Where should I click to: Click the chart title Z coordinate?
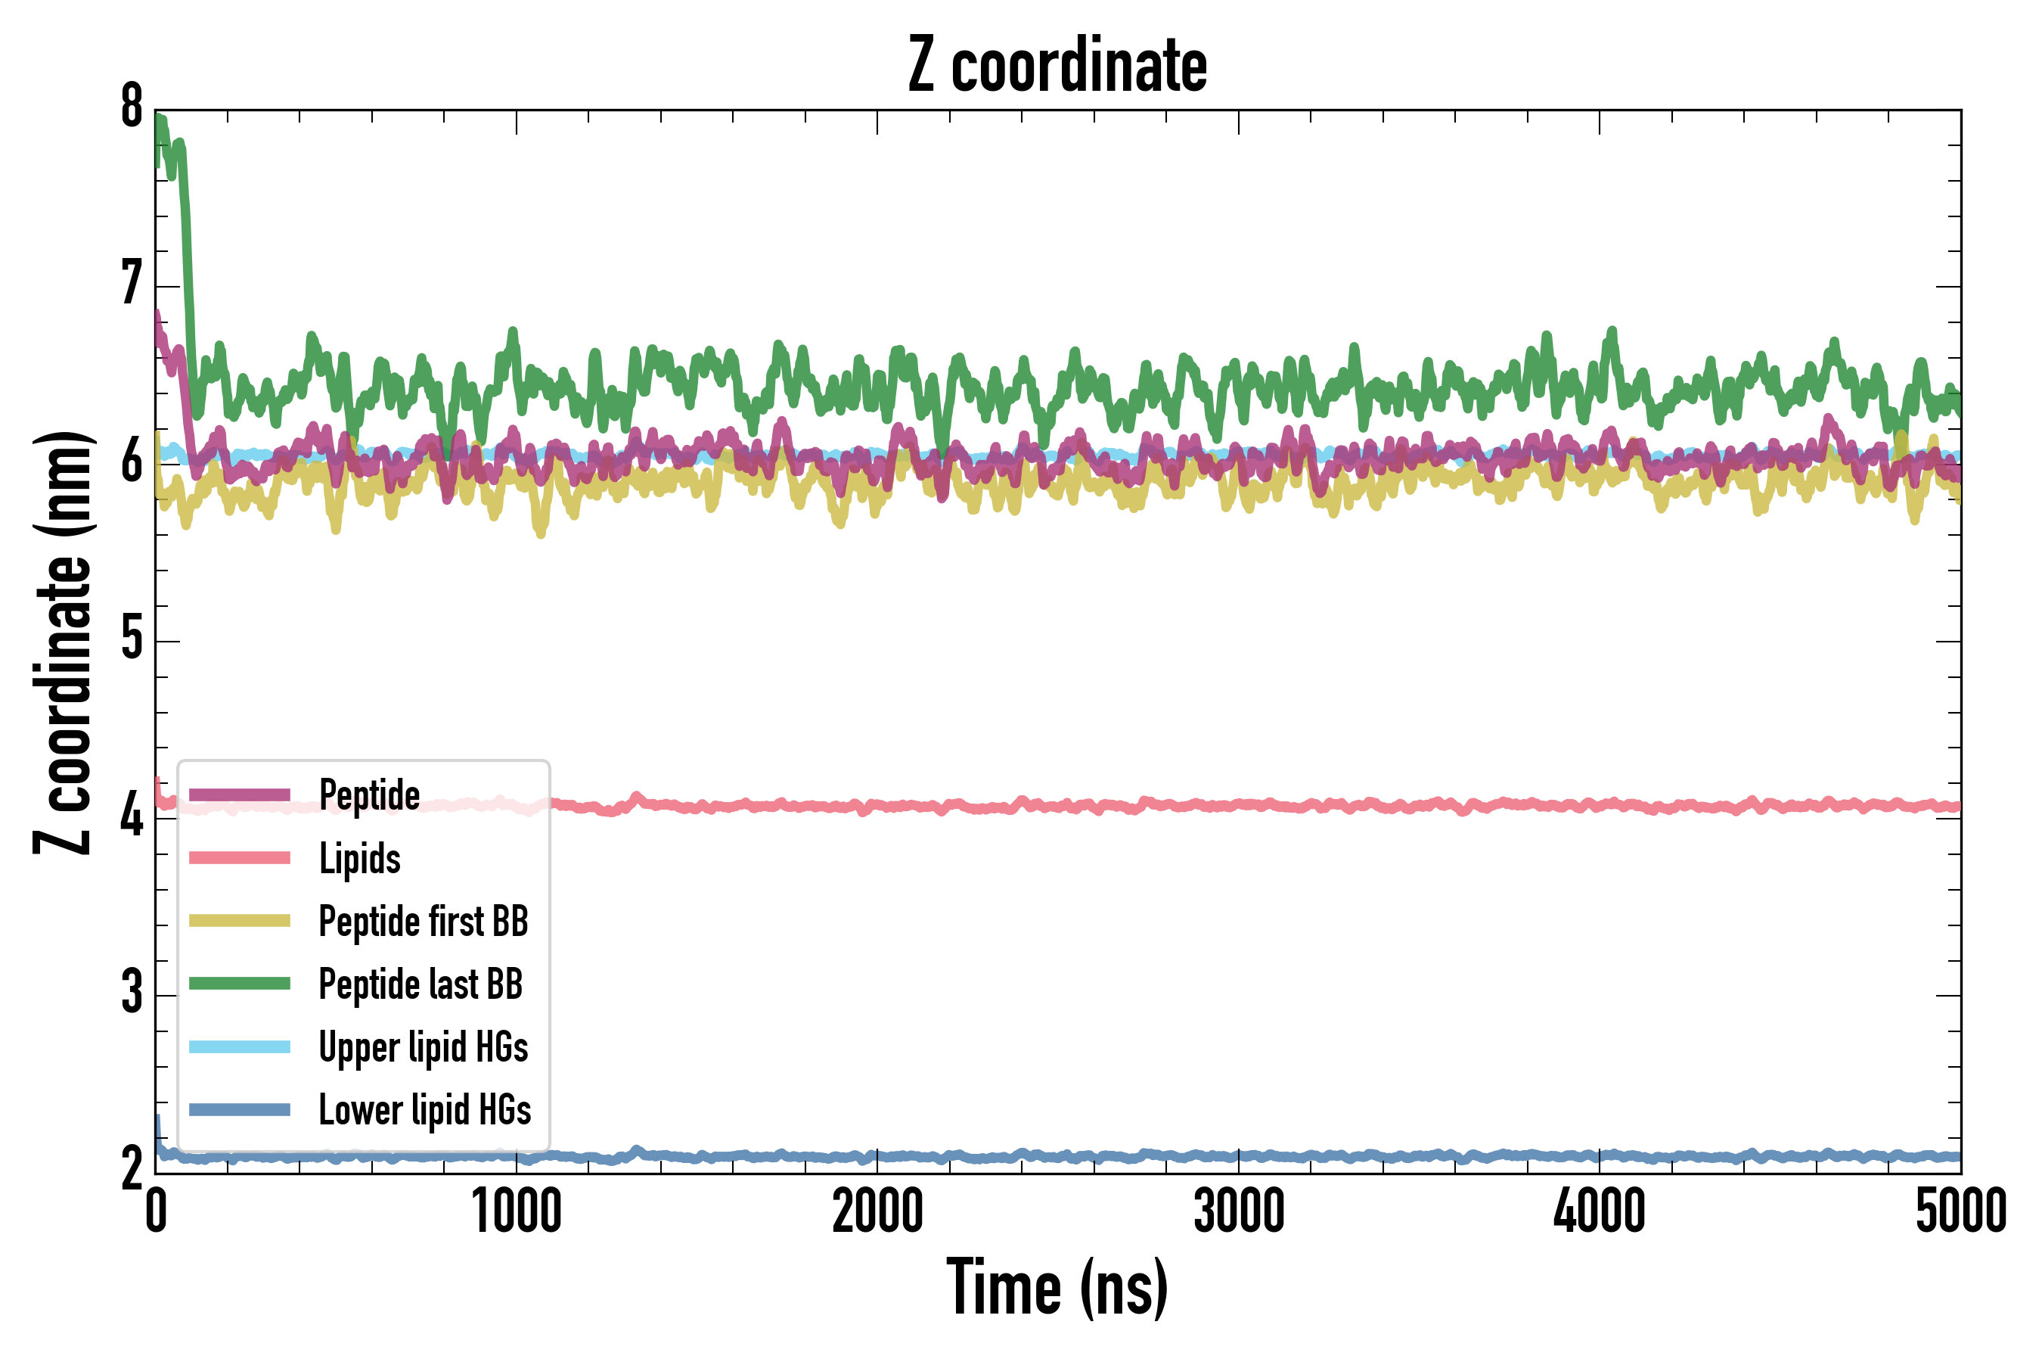point(1057,66)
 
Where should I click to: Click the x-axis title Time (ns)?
point(1057,1287)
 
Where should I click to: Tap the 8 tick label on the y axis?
point(132,107)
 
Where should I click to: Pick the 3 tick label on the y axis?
point(132,994)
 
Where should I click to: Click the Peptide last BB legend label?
point(421,984)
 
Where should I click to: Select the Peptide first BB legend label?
point(424,922)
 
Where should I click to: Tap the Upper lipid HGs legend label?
point(424,1047)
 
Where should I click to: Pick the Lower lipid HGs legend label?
point(425,1110)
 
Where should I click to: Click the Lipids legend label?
point(360,859)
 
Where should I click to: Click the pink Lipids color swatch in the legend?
point(240,859)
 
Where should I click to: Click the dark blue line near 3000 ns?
point(1238,1156)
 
